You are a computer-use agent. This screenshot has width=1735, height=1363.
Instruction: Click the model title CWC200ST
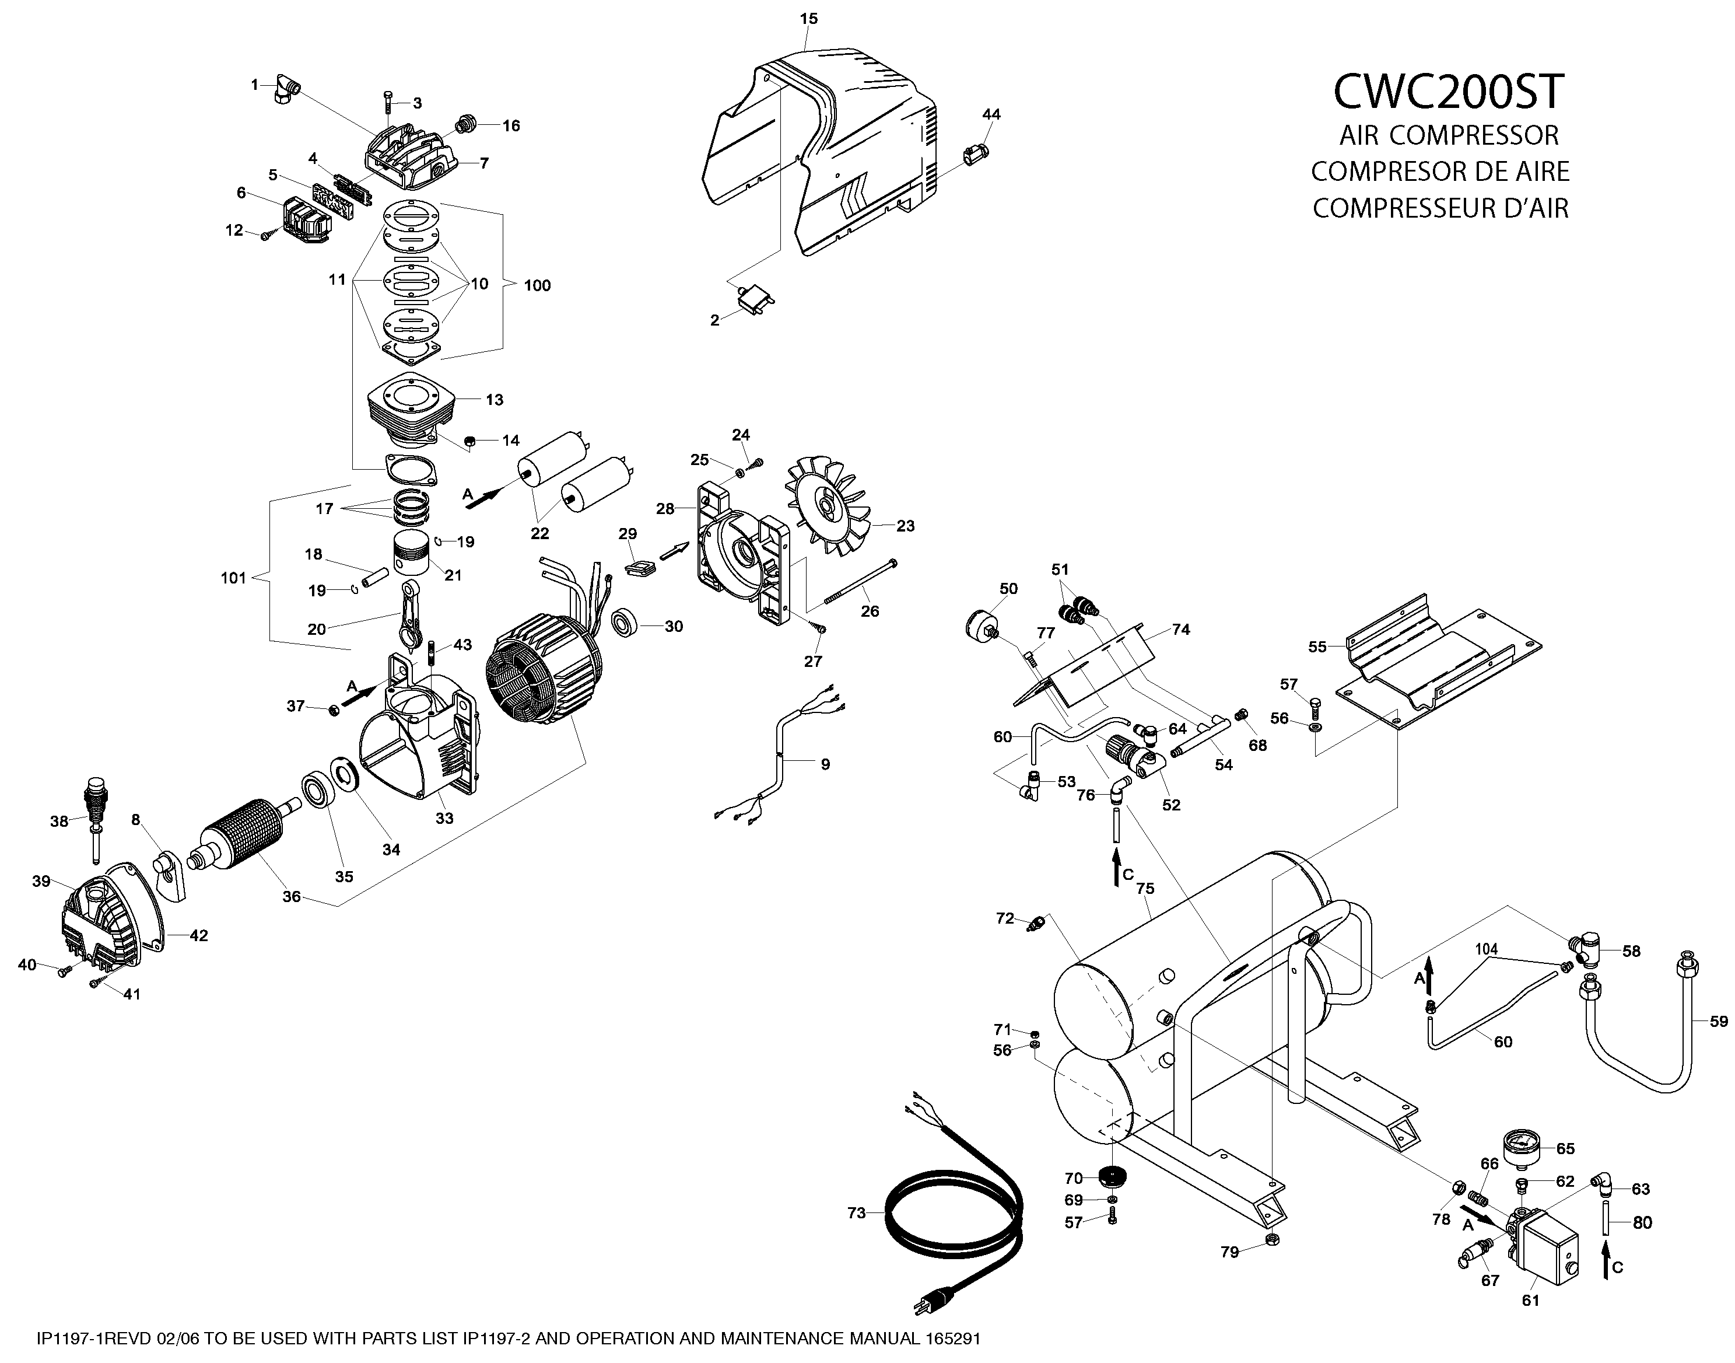1448,92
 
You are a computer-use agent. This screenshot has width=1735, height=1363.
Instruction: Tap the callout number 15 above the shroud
808,18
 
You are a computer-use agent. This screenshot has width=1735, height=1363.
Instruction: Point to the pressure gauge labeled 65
1522,1148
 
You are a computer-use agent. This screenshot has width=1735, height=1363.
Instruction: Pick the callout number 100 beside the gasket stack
537,286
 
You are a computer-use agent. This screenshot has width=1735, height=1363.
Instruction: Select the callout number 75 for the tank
1145,888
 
